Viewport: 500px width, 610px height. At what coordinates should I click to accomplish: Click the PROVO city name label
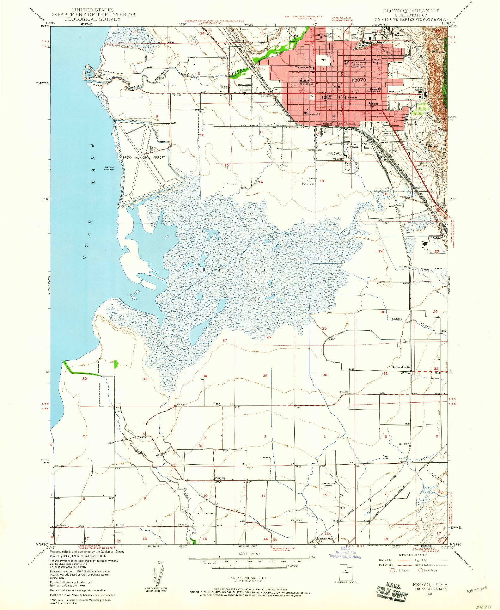click(359, 80)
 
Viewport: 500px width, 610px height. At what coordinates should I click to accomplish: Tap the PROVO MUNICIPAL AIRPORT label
click(144, 157)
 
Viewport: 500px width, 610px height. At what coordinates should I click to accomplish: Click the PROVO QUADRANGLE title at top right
click(411, 11)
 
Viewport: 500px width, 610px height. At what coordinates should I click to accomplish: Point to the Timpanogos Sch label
click(304, 67)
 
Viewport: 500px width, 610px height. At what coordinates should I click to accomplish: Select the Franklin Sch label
click(313, 114)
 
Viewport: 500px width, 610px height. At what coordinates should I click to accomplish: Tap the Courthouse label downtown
click(351, 98)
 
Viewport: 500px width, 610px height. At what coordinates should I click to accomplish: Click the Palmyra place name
click(220, 478)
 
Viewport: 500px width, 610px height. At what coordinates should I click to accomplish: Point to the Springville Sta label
click(401, 367)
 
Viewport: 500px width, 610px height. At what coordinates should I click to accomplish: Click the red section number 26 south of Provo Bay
click(268, 337)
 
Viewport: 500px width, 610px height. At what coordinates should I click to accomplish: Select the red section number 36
click(325, 375)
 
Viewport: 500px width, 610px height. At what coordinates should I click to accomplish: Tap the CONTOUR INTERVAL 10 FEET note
click(249, 578)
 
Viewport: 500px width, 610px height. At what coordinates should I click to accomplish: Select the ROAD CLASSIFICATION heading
click(413, 555)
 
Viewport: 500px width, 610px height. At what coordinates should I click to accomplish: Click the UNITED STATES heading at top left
click(93, 10)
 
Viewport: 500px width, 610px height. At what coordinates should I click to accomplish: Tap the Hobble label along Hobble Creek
click(396, 319)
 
